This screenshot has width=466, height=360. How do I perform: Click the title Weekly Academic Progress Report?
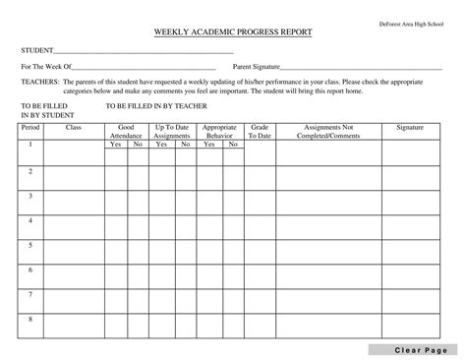232,32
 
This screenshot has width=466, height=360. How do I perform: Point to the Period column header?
30,128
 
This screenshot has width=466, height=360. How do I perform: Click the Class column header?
74,128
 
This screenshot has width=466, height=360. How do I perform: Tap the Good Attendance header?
126,132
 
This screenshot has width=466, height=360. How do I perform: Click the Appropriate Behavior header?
220,132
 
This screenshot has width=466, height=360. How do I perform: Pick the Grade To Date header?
260,132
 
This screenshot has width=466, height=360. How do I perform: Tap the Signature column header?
410,128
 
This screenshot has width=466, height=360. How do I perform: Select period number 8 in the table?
30,318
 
